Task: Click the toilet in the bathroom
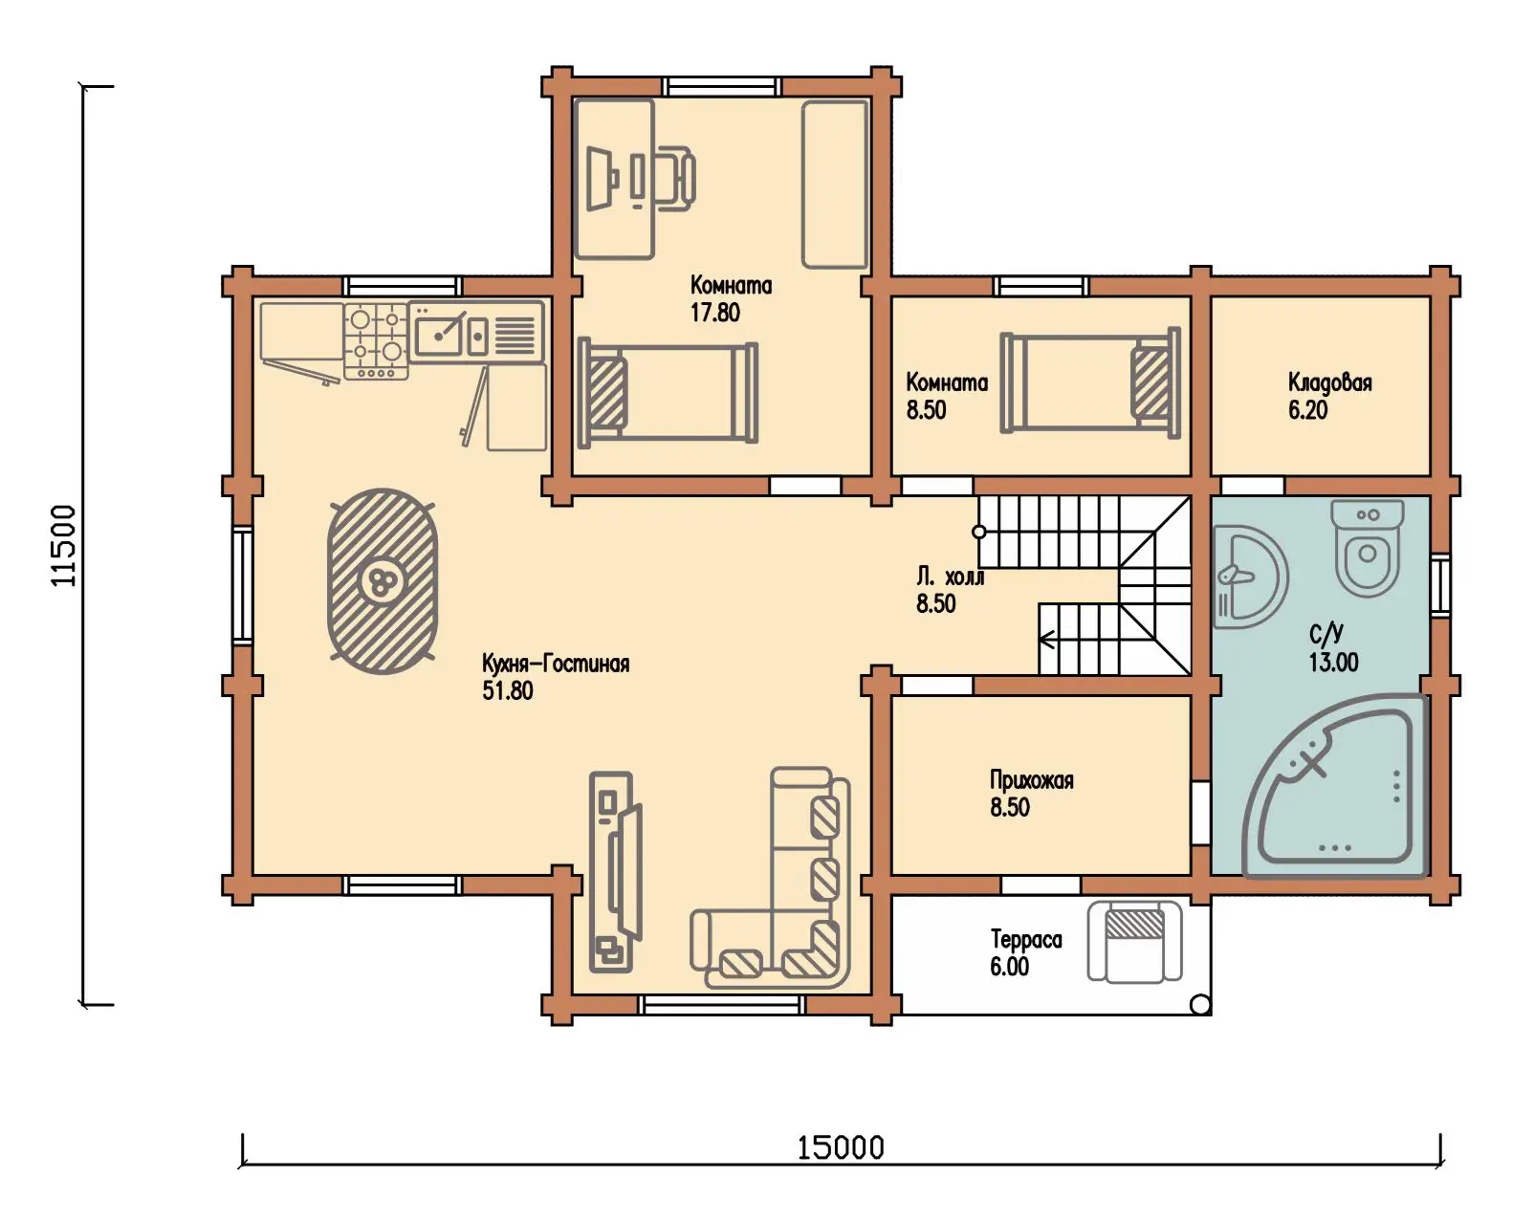(x=1368, y=547)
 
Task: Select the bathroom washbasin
(x=1250, y=577)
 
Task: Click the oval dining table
(x=383, y=581)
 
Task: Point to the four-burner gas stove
(x=376, y=340)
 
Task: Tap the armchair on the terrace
(x=1134, y=941)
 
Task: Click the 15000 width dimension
(x=841, y=1148)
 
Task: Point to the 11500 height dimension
(x=63, y=545)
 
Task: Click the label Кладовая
(x=1329, y=382)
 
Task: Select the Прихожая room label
(x=1032, y=780)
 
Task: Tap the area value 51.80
(x=508, y=691)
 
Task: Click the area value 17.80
(x=715, y=313)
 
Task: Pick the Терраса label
(x=1026, y=940)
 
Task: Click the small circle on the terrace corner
(x=1200, y=1005)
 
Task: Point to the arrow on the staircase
(x=1047, y=639)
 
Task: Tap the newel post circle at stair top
(x=979, y=532)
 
